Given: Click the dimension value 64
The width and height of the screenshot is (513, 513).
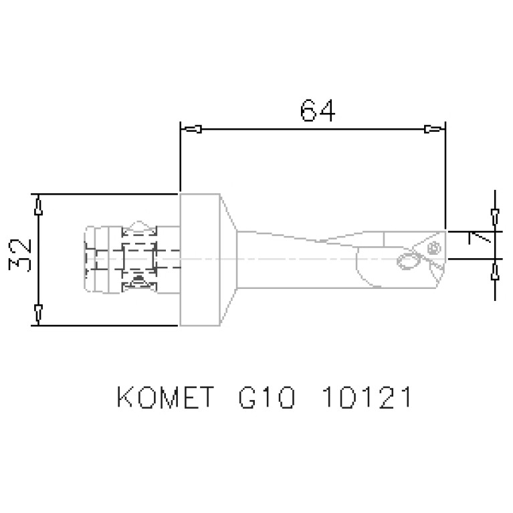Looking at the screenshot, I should [x=317, y=110].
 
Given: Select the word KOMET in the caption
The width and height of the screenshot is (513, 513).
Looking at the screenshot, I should [x=167, y=398].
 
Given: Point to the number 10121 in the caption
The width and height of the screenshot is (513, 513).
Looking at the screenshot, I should [x=365, y=398].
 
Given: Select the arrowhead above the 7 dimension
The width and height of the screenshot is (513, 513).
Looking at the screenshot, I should [x=494, y=217].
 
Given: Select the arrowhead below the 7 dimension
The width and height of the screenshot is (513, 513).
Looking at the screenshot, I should [x=494, y=271].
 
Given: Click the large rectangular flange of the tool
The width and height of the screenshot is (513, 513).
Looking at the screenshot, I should [x=201, y=260].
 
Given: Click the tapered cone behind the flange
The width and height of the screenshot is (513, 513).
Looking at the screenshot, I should [x=230, y=260].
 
